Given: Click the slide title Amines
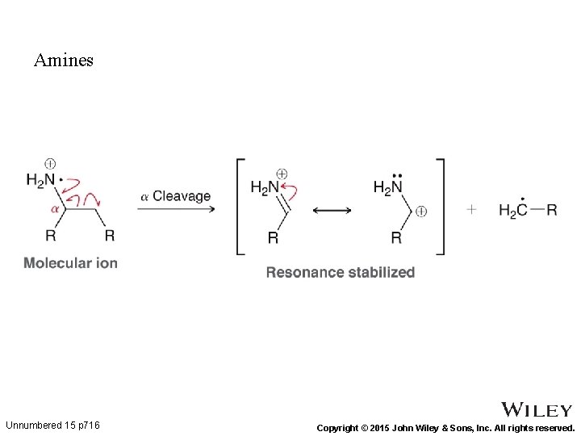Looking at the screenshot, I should click(64, 61).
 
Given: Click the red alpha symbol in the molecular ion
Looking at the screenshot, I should click(56, 208).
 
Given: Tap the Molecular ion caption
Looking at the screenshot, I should click(70, 262).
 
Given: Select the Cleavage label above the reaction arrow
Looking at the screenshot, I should click(182, 196).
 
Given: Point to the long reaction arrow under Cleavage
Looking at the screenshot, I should click(176, 210).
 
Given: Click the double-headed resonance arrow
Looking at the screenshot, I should click(332, 211).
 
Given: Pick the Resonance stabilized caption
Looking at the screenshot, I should click(341, 272).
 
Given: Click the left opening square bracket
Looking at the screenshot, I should click(240, 207).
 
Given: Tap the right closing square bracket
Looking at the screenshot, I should click(440, 207).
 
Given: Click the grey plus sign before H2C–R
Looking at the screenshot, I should click(471, 210).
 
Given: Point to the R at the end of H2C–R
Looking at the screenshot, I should click(552, 210).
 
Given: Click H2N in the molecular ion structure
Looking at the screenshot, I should click(40, 180).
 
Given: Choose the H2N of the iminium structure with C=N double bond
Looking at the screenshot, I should click(265, 188).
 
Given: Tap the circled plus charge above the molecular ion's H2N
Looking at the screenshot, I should click(50, 163).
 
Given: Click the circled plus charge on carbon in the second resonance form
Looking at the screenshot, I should click(421, 212).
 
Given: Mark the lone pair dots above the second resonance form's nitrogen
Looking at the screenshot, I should click(397, 174).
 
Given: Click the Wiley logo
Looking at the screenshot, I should click(537, 410).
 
